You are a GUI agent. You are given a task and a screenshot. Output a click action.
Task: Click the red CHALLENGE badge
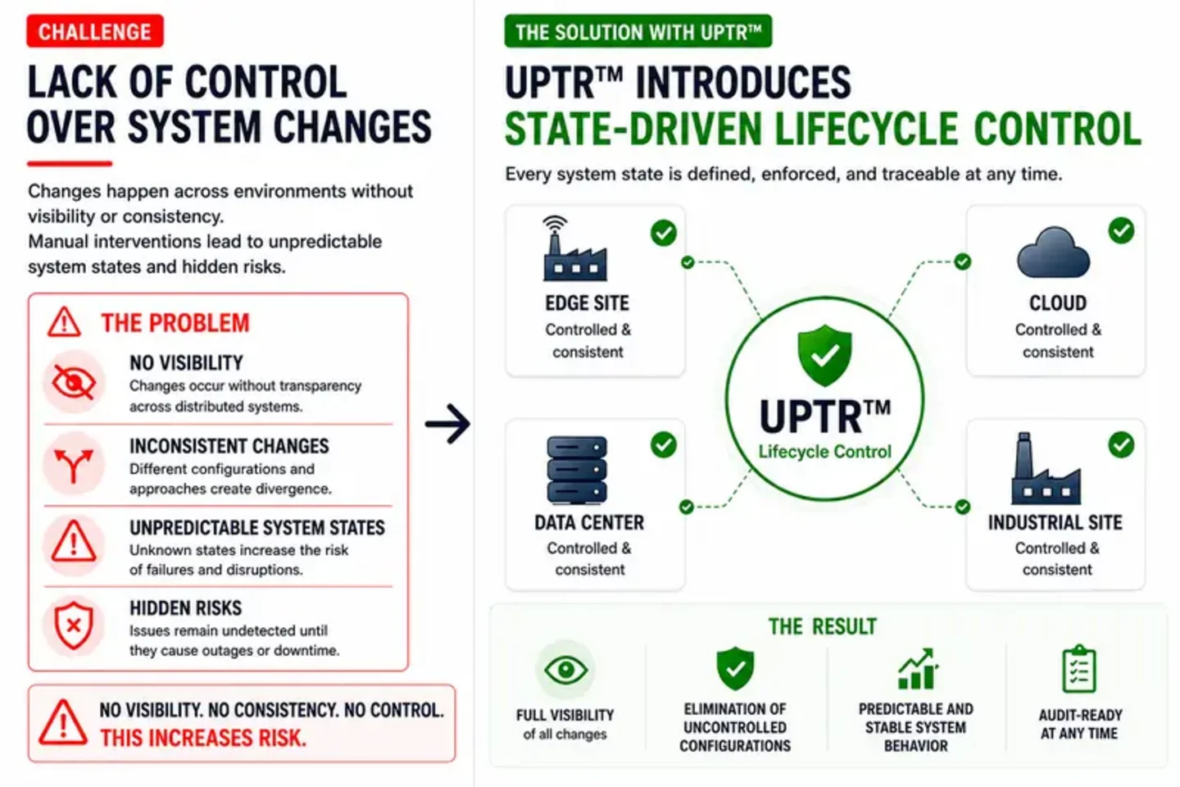point(95,31)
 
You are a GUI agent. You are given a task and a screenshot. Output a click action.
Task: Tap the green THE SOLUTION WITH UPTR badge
point(638,32)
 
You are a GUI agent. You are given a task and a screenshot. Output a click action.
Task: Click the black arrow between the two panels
point(447,423)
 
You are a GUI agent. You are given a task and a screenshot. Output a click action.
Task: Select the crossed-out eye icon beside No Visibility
point(74,382)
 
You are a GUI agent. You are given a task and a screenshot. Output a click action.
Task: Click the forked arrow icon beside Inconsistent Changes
point(74,465)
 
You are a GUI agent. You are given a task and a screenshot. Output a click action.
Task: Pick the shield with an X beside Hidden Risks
point(74,626)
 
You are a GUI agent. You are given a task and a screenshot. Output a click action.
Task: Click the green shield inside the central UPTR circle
point(824,355)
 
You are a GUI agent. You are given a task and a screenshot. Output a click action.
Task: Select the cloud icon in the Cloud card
point(1053,252)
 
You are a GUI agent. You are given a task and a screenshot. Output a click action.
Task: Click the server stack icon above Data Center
point(577,470)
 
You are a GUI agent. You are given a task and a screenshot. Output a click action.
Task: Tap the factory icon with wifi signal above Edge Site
point(574,248)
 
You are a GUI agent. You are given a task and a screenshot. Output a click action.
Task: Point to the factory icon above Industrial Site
point(1046,469)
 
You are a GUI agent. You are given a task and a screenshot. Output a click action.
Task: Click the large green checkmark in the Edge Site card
point(663,233)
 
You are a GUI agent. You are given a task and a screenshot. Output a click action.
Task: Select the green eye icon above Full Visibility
point(565,670)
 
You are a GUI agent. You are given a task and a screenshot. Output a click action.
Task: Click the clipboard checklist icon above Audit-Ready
point(1079,669)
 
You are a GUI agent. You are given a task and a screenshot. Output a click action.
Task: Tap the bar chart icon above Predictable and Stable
point(918,669)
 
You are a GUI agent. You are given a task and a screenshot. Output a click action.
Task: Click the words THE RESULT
point(823,626)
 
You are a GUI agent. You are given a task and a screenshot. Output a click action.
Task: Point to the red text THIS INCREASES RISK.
point(203,738)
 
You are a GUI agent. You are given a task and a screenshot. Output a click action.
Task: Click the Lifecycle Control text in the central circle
point(824,452)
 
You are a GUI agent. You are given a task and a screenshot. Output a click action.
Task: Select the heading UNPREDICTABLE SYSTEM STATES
point(257,528)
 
